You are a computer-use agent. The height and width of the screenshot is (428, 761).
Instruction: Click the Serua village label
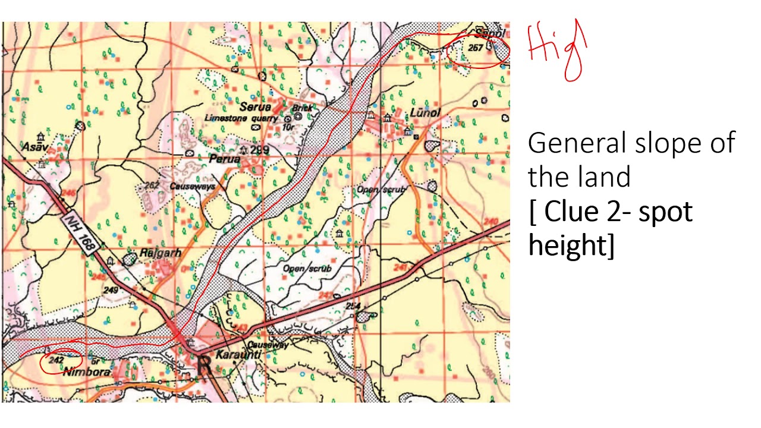pyautogui.click(x=255, y=107)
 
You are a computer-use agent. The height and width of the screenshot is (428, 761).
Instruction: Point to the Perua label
pyautogui.click(x=224, y=159)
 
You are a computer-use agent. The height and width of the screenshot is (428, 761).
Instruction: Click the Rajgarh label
pyautogui.click(x=160, y=253)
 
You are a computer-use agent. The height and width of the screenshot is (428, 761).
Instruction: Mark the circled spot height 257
pyautogui.click(x=476, y=48)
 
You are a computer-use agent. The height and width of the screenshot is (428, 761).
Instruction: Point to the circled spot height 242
pyautogui.click(x=57, y=360)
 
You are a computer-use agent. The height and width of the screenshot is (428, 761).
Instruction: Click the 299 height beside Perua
pyautogui.click(x=259, y=150)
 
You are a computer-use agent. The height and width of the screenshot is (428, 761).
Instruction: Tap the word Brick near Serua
pyautogui.click(x=302, y=108)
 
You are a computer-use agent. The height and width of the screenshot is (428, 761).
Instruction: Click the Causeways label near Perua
pyautogui.click(x=192, y=187)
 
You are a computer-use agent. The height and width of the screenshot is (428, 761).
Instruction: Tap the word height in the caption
pyautogui.click(x=565, y=246)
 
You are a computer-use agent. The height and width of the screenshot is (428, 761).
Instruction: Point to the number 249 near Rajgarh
pyautogui.click(x=111, y=289)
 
